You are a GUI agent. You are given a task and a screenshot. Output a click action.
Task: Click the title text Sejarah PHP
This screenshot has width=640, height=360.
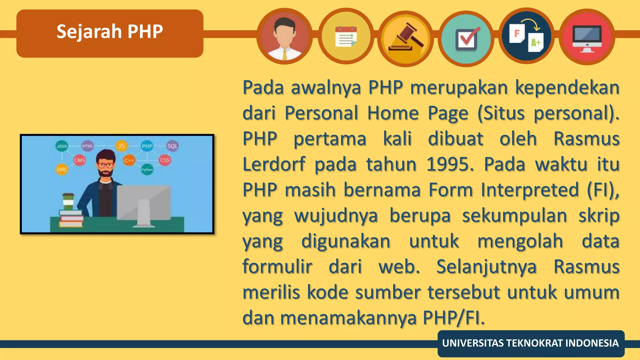tap(110, 32)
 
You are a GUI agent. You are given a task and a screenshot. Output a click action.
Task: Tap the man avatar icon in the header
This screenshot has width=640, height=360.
tap(284, 37)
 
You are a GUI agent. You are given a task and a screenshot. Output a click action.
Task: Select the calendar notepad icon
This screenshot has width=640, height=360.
tap(346, 37)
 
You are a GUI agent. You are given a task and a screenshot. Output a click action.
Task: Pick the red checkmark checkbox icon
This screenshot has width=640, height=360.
tap(466, 39)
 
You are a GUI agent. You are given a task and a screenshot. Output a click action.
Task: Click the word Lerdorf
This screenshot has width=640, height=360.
tap(274, 164)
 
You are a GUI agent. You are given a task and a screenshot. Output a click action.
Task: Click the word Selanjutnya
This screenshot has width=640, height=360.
tap(486, 267)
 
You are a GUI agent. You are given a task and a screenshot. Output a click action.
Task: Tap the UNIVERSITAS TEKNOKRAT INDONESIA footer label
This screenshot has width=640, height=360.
tap(530, 343)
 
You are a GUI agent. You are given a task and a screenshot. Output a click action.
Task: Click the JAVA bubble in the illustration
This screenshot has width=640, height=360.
tap(62, 146)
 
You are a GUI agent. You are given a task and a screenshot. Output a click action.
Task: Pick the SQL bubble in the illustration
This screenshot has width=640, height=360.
tap(172, 146)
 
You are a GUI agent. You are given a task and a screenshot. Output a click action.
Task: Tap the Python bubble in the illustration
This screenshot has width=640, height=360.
tap(147, 170)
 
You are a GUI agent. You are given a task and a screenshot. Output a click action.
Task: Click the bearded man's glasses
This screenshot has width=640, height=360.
tap(105, 165)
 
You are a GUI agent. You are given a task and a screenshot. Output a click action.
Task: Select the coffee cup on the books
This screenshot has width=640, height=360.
tap(68, 202)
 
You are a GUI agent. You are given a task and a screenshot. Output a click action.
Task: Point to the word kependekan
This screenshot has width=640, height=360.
tap(567, 87)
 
